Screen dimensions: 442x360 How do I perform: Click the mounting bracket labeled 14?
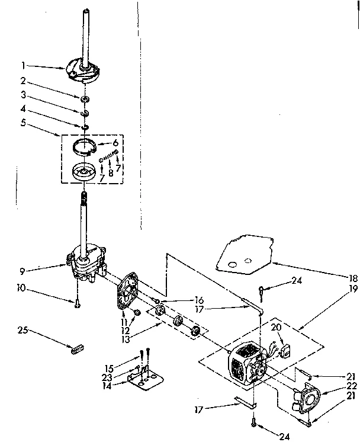(144, 380)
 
